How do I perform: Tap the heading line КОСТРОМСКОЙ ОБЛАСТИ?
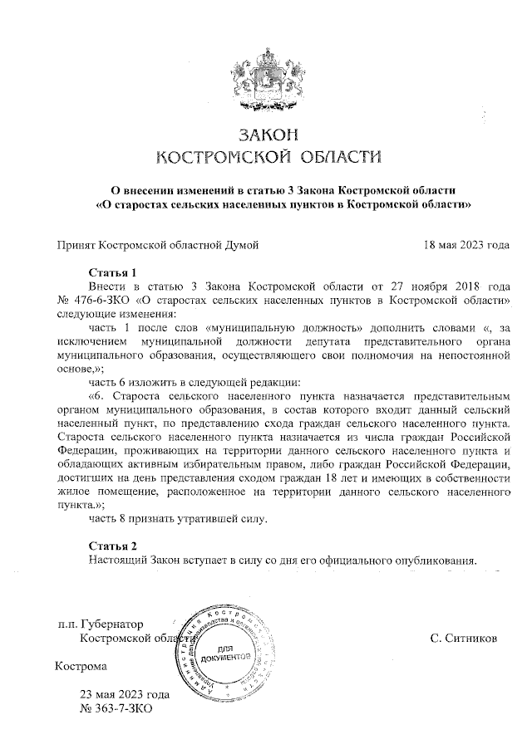[x=268, y=157]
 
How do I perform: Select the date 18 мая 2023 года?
[x=465, y=245]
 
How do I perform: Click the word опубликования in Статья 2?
[x=436, y=560]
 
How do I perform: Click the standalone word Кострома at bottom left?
[x=81, y=666]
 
